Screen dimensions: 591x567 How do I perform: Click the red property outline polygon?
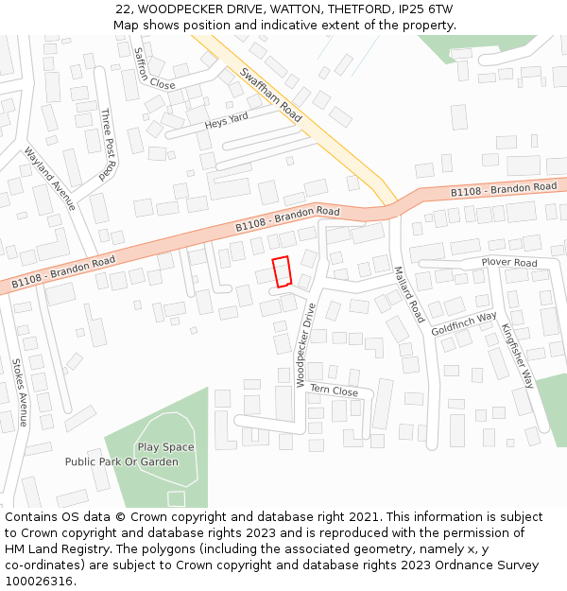click(x=281, y=272)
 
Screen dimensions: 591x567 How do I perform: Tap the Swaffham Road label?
click(x=271, y=96)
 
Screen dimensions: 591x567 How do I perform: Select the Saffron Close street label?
click(x=154, y=69)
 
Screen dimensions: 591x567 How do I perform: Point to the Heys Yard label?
click(x=226, y=121)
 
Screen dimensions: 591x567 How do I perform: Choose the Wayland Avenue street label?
click(x=49, y=179)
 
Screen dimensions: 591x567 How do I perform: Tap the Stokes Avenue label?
click(x=19, y=392)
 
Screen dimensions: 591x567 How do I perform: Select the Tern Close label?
click(x=334, y=391)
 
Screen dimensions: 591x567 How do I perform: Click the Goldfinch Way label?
click(x=464, y=324)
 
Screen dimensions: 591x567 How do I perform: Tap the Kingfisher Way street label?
click(x=518, y=356)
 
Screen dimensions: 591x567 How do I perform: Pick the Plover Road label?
click(x=508, y=262)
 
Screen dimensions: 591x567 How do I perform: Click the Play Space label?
click(x=165, y=447)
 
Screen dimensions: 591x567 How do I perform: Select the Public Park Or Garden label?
click(x=121, y=462)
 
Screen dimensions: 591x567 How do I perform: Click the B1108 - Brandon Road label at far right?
click(x=504, y=189)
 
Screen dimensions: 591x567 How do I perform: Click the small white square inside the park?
click(x=176, y=498)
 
